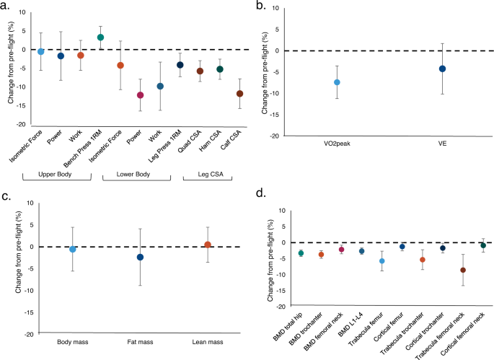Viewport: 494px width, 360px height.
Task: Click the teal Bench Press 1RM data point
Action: (101, 38)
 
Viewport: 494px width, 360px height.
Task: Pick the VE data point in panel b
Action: (443, 69)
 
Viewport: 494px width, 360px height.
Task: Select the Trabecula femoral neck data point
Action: (463, 271)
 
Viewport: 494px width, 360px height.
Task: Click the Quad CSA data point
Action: (200, 71)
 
